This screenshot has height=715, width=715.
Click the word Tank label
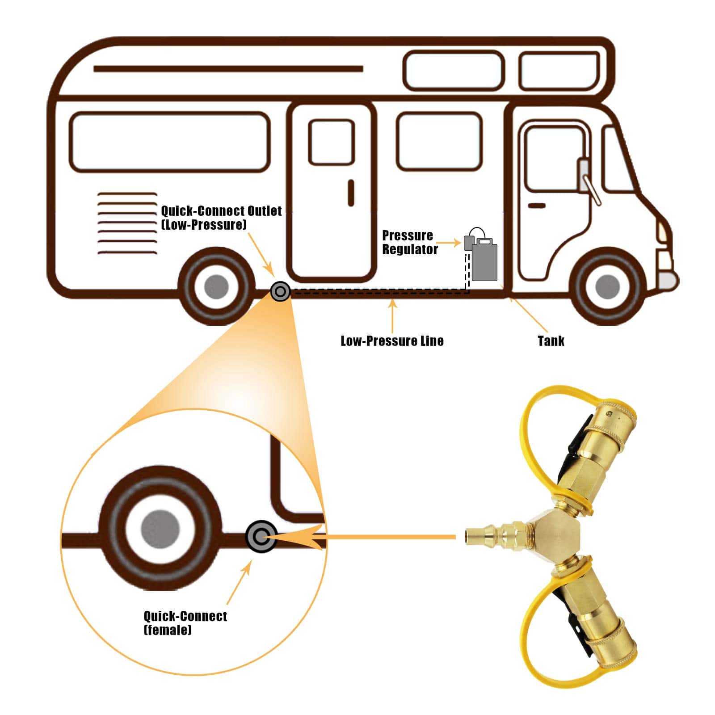(551, 341)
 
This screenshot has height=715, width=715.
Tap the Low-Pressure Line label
(392, 341)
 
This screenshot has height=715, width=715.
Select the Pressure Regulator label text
(409, 242)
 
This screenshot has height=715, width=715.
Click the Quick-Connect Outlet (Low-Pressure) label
(221, 217)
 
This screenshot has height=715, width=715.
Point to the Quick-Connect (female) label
(185, 622)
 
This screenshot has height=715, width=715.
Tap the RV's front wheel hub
(608, 286)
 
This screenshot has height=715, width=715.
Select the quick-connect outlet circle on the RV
(280, 291)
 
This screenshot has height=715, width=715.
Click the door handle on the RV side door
(351, 193)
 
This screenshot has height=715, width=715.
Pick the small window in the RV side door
(332, 142)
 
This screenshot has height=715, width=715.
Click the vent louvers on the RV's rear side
(127, 223)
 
